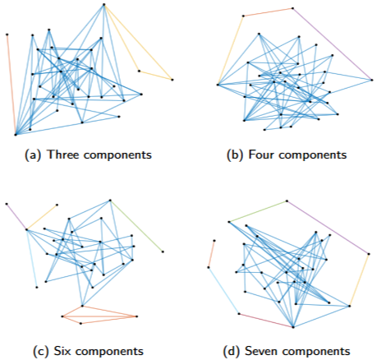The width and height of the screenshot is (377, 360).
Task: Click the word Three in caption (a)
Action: tap(64, 155)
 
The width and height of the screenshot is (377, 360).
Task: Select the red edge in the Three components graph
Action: tap(11, 85)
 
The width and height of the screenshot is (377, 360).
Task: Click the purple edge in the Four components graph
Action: tap(333, 44)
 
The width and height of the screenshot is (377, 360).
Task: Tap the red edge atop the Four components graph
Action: tap(268, 12)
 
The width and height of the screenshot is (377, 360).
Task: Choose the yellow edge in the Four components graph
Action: tap(230, 50)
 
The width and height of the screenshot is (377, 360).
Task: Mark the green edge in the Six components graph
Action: tap(136, 226)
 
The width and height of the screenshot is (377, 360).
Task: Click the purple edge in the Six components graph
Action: tap(16, 217)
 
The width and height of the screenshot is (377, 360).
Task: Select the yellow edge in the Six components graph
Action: tap(42, 217)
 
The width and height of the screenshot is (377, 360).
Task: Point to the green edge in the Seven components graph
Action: tap(258, 211)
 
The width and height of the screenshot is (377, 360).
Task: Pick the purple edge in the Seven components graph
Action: tap(328, 228)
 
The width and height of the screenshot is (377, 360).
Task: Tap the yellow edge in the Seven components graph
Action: tap(359, 280)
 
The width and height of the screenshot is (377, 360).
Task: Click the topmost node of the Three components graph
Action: tap(104, 4)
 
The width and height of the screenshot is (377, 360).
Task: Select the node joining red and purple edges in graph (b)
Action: tap(292, 8)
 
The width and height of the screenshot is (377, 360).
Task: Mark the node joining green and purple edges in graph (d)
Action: tap(287, 201)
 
